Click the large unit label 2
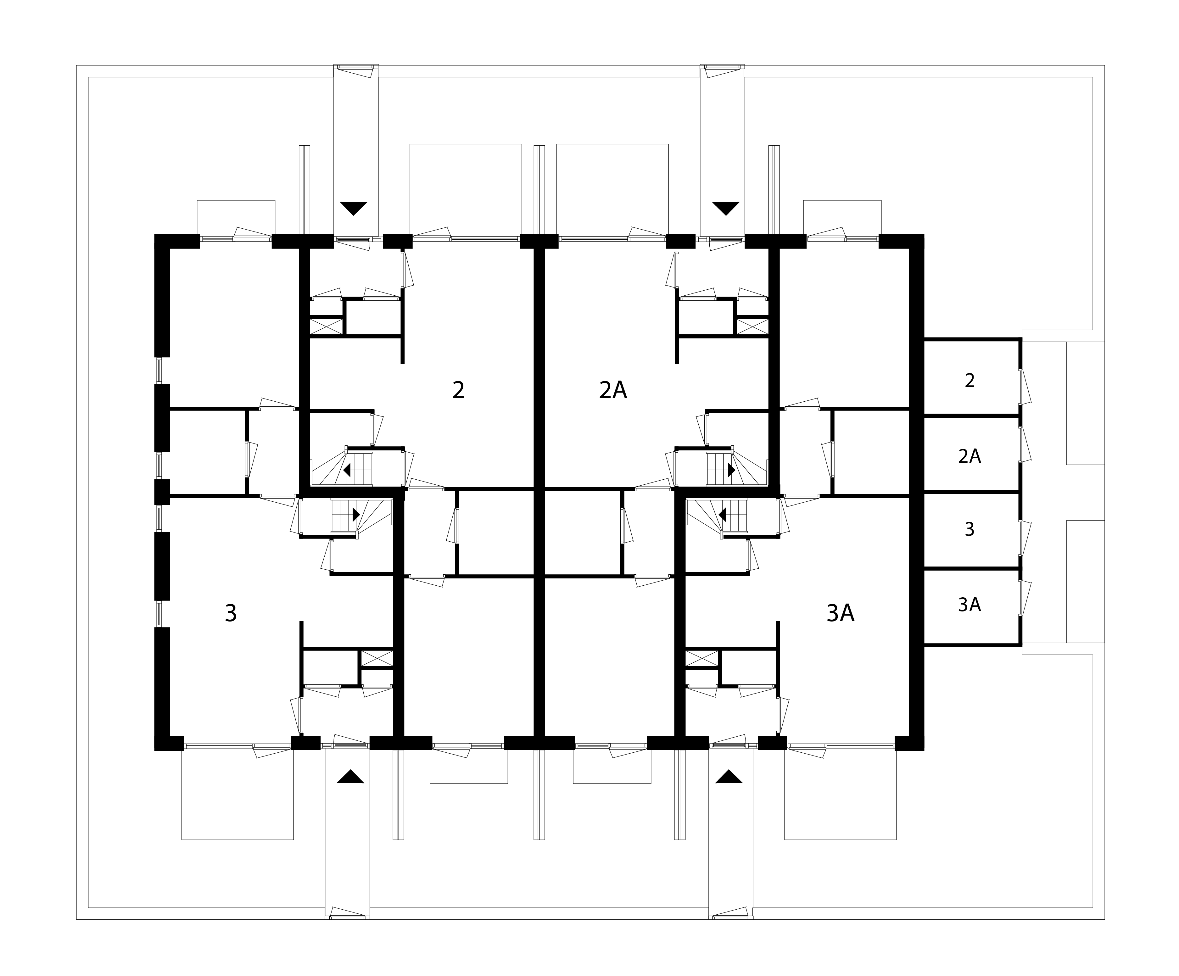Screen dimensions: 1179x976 (x=458, y=390)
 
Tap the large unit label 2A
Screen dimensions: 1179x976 (x=612, y=390)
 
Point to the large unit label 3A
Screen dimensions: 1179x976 (x=841, y=613)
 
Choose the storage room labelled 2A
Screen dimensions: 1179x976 (x=972, y=455)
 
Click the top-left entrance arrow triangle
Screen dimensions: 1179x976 (x=354, y=208)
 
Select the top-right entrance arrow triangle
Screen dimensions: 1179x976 (x=726, y=208)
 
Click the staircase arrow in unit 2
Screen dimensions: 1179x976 (x=347, y=470)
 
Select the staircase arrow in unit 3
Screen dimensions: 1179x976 (x=356, y=514)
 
